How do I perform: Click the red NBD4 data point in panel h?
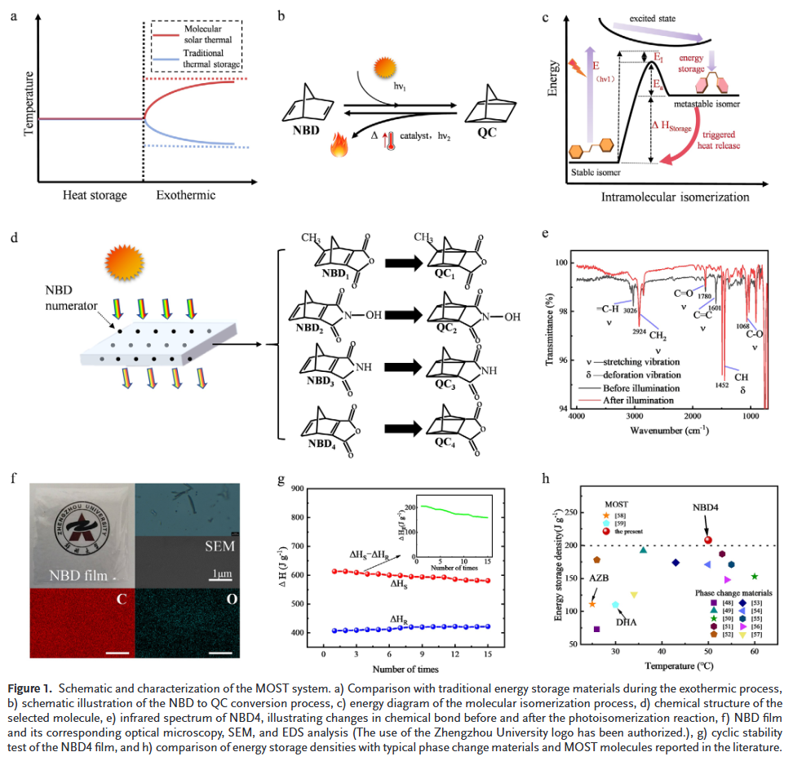point(708,539)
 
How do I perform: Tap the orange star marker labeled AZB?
point(592,604)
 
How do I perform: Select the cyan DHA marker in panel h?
point(616,605)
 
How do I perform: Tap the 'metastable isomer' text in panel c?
point(708,104)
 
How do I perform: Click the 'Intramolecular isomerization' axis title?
point(675,197)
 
